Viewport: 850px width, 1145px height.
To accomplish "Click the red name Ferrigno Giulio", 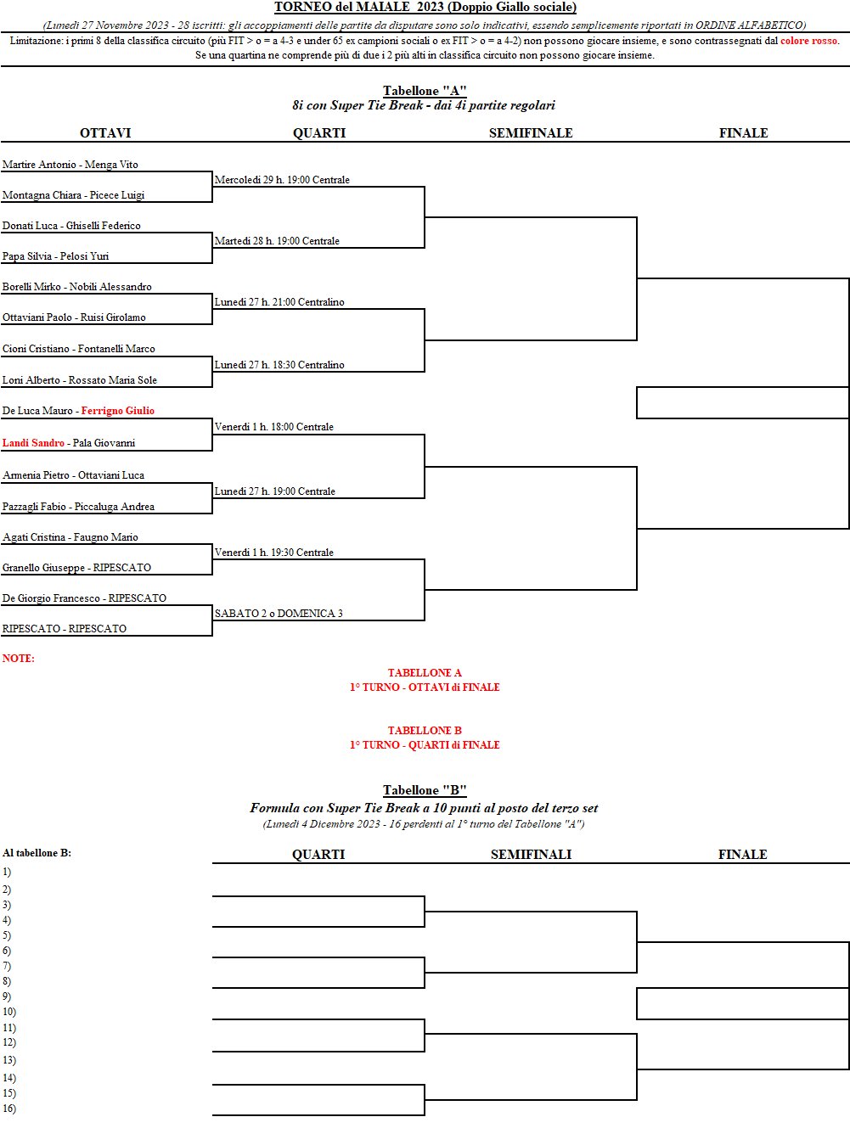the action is [118, 411].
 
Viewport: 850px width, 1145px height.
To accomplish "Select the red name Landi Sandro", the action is [34, 442].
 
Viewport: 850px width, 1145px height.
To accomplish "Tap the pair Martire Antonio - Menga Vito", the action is [70, 164].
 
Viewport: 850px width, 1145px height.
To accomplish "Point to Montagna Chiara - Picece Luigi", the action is [73, 194].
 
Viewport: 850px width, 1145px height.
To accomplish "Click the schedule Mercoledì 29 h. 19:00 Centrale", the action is [282, 180].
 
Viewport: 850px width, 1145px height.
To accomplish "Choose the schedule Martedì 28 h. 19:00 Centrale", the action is [277, 240].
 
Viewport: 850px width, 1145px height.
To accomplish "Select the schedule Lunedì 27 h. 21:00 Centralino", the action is [279, 301].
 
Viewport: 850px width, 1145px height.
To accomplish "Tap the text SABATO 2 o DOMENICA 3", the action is [279, 613].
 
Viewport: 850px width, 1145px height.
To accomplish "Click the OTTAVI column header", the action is [105, 132].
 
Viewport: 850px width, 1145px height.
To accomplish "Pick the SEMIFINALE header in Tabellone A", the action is [531, 132].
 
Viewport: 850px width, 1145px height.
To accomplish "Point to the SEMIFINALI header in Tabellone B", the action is [531, 854].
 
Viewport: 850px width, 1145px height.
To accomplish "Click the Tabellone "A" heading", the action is [425, 91].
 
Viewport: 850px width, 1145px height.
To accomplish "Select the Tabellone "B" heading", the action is [425, 790].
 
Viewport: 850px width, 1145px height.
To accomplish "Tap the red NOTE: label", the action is [19, 658].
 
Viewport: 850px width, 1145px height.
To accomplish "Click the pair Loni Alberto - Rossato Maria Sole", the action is [80, 379].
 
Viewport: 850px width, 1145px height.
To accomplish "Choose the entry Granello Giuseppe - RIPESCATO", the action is [76, 567].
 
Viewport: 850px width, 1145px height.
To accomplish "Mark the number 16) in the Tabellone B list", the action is [9, 1108].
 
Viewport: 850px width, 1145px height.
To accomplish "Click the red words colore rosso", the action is [808, 40].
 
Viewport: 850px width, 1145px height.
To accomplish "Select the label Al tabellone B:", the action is [37, 853].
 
